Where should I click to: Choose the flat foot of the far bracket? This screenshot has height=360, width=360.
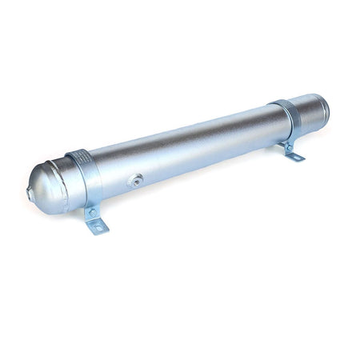(294, 155)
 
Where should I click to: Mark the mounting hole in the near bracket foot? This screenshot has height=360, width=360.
(100, 227)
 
